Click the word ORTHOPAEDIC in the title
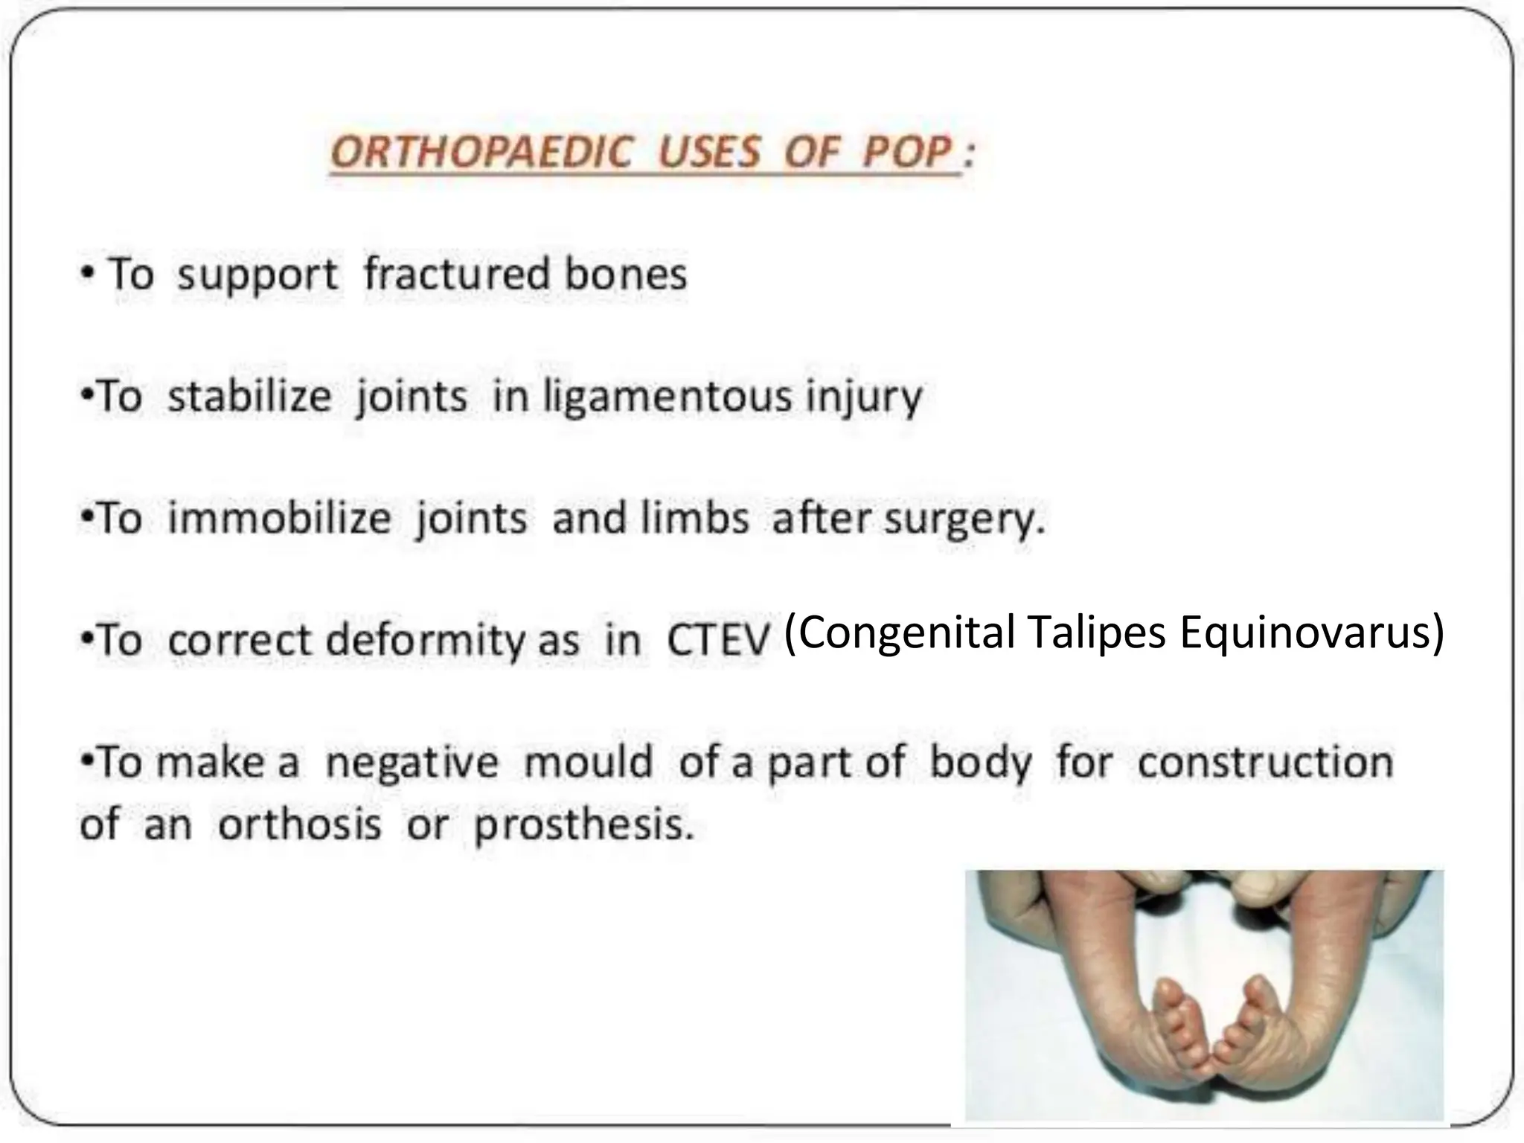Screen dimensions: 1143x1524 [x=481, y=153]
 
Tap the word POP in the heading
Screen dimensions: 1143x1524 [x=907, y=153]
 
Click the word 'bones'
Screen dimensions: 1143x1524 [x=625, y=274]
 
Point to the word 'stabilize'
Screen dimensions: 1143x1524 [x=249, y=396]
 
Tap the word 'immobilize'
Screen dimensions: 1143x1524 [x=279, y=518]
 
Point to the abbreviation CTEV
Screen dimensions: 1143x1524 [x=717, y=640]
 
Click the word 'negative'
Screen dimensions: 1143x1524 [x=412, y=763]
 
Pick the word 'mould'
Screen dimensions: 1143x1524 [x=588, y=762]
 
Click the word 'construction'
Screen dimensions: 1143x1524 [x=1265, y=762]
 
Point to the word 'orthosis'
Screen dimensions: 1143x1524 [x=299, y=825]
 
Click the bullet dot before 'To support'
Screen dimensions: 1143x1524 [x=89, y=274]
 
